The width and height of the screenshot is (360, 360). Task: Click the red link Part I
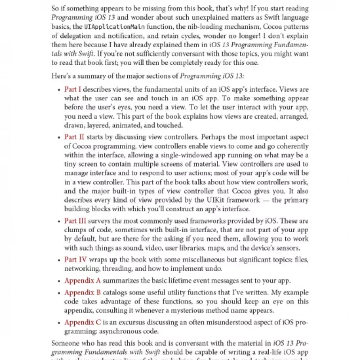pyautogui.click(x=73, y=90)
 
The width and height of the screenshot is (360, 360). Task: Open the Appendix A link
pyautogui.click(x=82, y=281)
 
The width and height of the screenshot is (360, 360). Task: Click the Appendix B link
pyautogui.click(x=82, y=292)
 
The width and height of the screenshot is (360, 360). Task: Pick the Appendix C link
pyautogui.click(x=82, y=322)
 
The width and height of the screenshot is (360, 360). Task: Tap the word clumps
pyautogui.click(x=76, y=230)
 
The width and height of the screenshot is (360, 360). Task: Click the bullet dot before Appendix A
pyautogui.click(x=59, y=281)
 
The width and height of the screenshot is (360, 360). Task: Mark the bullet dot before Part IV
pyautogui.click(x=59, y=260)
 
